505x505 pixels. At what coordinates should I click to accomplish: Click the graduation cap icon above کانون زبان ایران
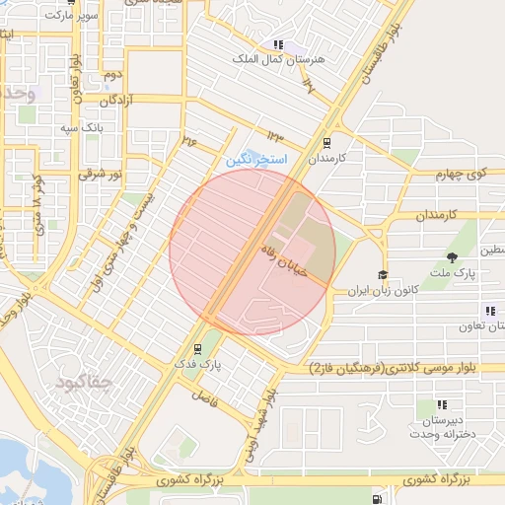pos(383,275)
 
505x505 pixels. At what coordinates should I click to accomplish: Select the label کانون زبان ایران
pos(383,292)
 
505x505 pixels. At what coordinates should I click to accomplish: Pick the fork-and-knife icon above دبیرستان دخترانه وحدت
pos(441,404)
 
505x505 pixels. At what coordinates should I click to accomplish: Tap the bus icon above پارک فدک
pos(198,348)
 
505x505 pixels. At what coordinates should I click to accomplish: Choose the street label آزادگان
pos(116,101)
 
